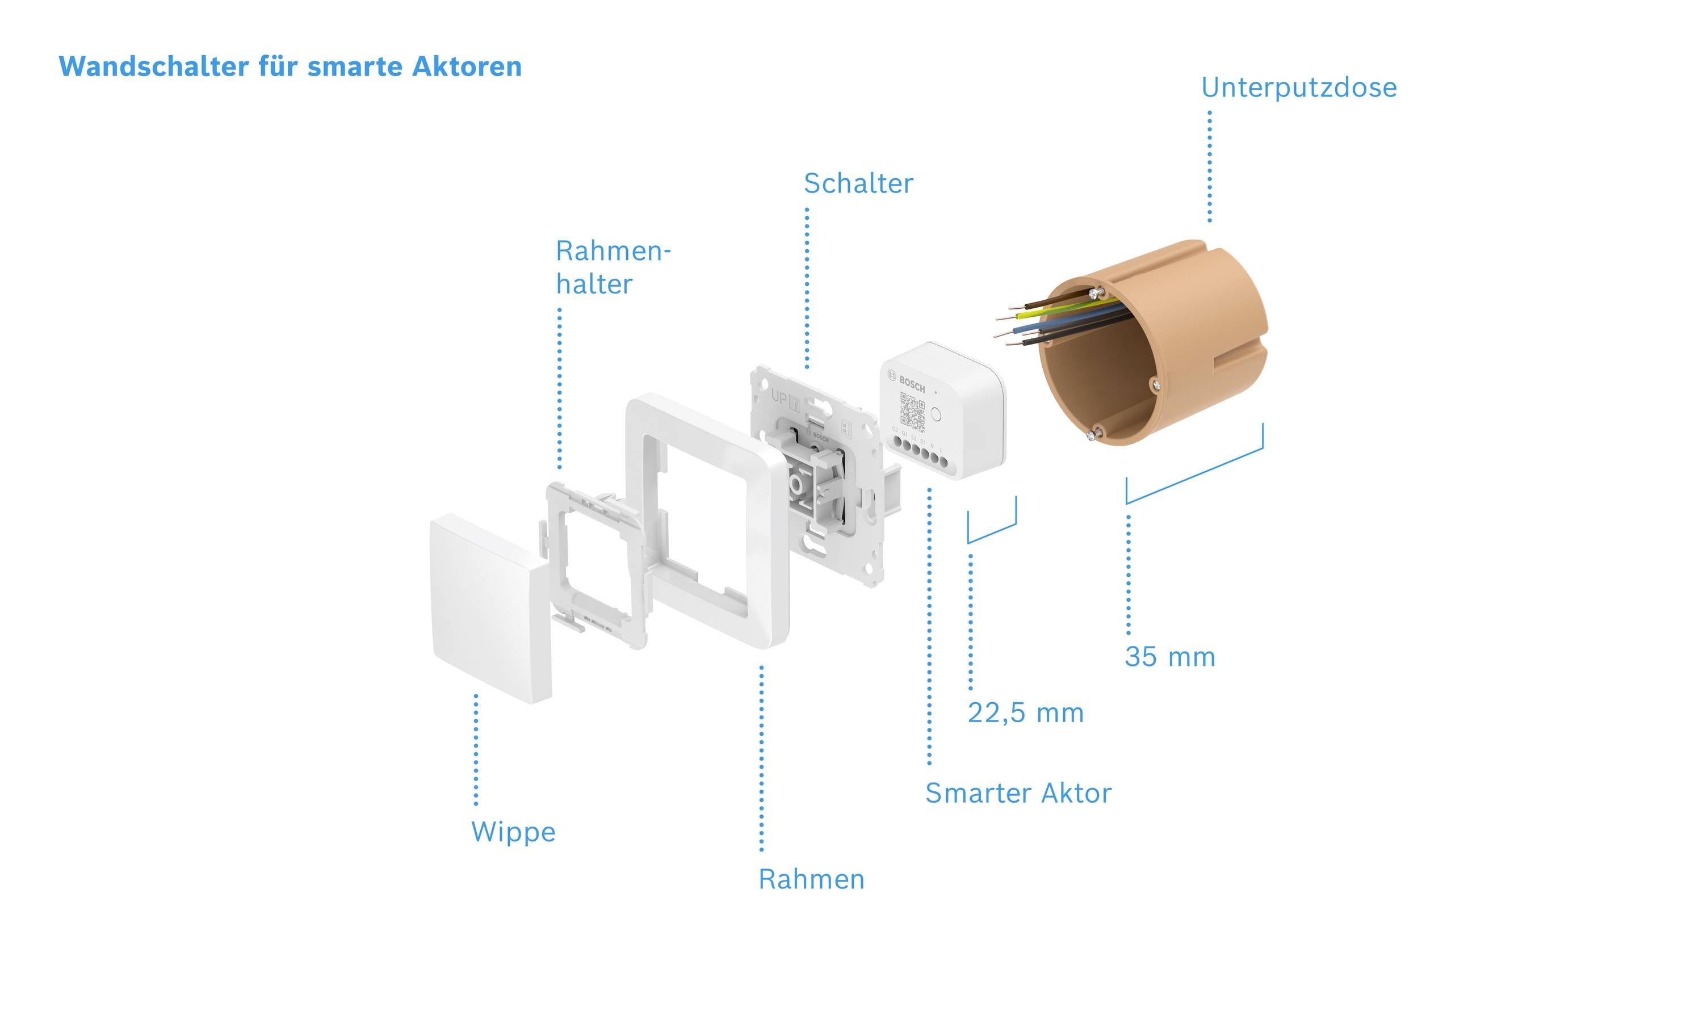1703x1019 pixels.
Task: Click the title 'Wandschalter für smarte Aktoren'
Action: tap(290, 66)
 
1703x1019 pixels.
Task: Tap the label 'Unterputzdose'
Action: tap(1299, 88)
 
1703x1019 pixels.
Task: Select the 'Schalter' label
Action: tap(858, 184)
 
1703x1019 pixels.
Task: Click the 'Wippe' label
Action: tap(513, 832)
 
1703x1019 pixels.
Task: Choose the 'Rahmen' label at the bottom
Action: tap(811, 879)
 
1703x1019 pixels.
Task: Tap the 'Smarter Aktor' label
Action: tap(1018, 794)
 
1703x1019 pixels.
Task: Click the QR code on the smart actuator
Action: tap(912, 412)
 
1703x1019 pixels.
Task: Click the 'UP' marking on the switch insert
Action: tap(779, 397)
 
